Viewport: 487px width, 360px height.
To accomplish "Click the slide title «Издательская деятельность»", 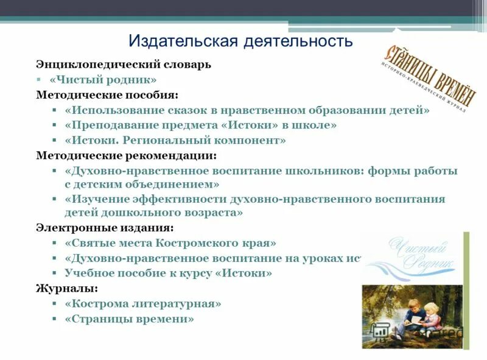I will click(x=240, y=41).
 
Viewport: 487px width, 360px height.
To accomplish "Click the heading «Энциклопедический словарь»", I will click(x=124, y=64).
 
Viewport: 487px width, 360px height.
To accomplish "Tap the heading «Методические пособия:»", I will click(x=107, y=95).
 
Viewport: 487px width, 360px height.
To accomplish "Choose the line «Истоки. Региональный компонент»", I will click(x=175, y=140).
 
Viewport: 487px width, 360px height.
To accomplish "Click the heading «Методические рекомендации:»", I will click(x=126, y=155).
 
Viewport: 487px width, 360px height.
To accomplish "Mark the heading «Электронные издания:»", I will click(x=104, y=228).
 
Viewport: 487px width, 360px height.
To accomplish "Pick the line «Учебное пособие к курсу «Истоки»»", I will click(x=168, y=273).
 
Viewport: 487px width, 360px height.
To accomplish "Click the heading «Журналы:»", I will click(x=66, y=288).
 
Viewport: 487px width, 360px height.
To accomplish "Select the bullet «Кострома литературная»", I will click(x=142, y=303).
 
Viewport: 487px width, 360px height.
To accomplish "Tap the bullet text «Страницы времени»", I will click(x=129, y=319).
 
